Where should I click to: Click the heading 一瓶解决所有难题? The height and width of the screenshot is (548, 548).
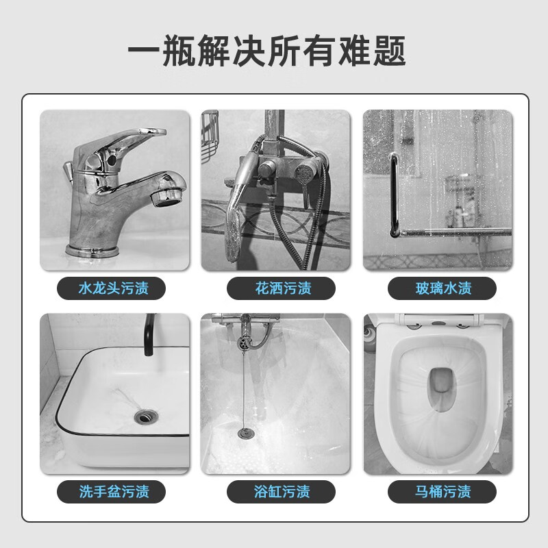pos(266,51)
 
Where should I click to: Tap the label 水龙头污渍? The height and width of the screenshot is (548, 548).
pos(114,288)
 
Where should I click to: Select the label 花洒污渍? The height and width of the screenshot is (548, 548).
pos(283,288)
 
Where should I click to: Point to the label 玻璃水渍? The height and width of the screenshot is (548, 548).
pos(443,288)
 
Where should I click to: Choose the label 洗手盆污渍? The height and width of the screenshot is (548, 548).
pos(114,491)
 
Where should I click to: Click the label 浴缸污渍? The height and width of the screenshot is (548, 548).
pos(282,491)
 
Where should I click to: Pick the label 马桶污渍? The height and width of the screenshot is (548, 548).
pos(443,491)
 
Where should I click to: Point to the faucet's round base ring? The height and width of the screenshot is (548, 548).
pos(92,251)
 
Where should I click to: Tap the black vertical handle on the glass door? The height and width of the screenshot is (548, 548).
pos(395,195)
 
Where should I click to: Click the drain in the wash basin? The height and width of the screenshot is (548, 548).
pos(146,416)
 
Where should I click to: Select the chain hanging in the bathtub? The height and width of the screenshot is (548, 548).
pos(244,388)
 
